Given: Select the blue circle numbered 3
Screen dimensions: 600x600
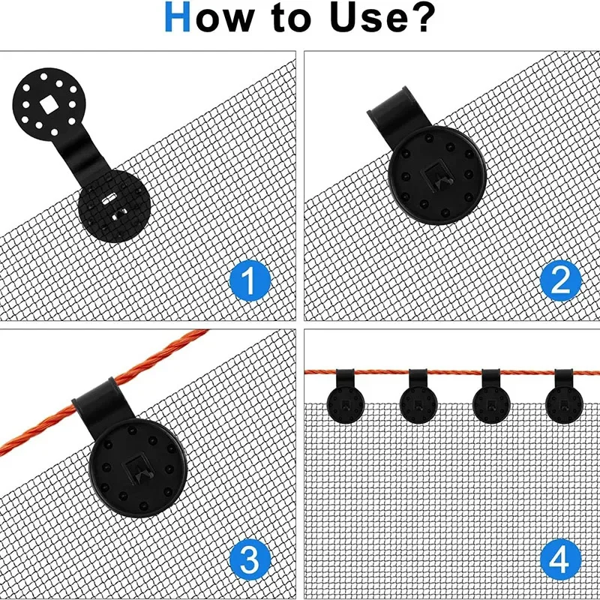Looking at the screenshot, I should tap(250, 559).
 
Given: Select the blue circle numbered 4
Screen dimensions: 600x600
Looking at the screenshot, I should tap(561, 559).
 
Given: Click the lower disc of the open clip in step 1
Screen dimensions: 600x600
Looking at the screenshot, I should tap(115, 205).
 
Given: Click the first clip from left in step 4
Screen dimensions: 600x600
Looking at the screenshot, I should tap(347, 397).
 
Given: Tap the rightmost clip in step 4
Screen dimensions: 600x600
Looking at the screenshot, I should tap(565, 397).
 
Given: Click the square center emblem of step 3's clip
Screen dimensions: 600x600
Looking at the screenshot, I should tap(139, 469).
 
